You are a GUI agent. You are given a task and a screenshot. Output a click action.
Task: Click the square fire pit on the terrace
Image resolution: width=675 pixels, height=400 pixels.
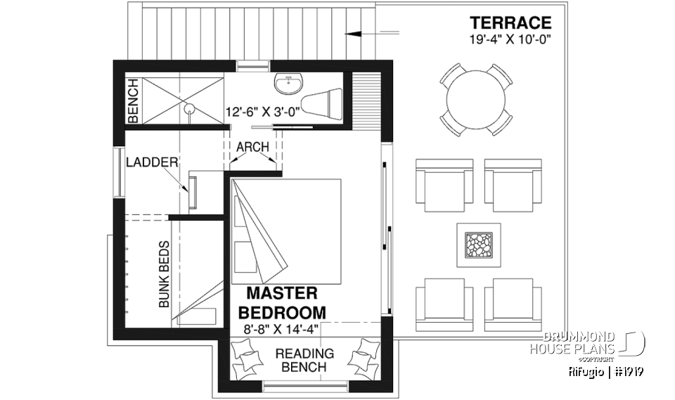click(478, 245)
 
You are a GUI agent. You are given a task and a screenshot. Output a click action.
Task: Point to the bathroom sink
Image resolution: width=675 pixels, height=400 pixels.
click(287, 84)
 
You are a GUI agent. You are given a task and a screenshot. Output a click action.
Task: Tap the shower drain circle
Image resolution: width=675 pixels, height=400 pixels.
click(188, 108)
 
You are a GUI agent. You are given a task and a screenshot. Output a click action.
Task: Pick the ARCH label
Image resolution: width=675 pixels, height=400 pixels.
click(252, 147)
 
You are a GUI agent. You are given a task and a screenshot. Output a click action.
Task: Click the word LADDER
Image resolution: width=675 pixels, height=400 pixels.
click(152, 163)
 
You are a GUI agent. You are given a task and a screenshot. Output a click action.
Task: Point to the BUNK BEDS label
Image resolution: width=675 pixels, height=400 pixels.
click(164, 275)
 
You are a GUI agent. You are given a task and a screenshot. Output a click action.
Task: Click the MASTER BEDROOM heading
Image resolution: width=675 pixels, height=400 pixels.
click(283, 302)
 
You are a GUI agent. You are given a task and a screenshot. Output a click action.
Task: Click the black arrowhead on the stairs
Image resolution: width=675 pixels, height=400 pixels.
click(356, 32)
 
